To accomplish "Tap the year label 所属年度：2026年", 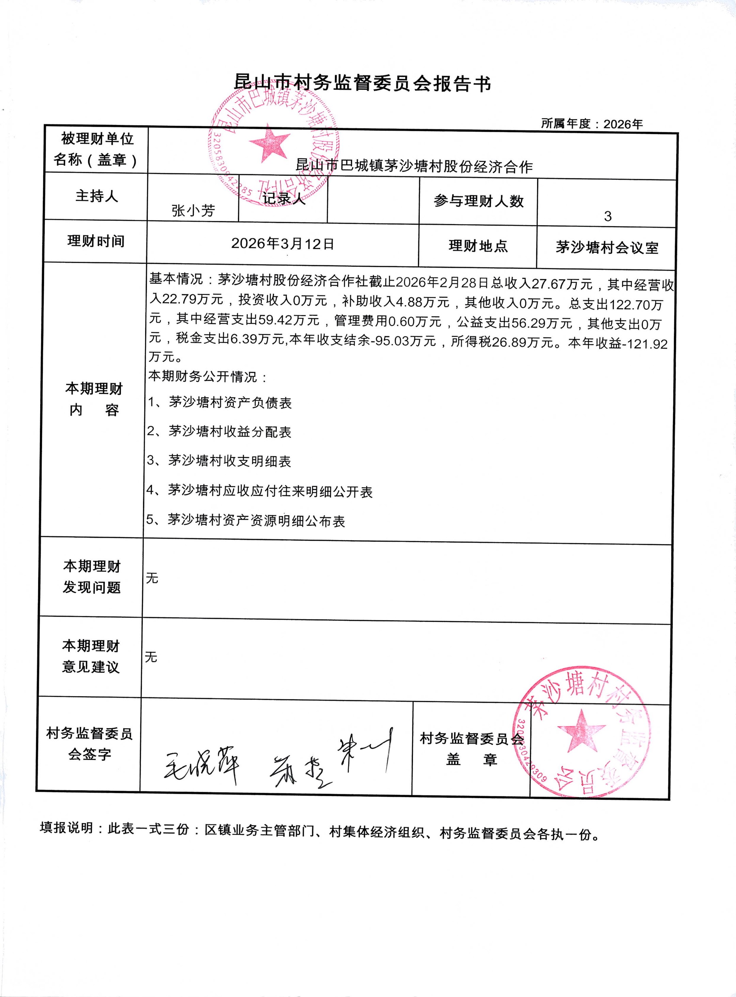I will pos(592,124).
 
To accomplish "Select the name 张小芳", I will pos(193,210).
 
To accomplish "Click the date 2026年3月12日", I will pos(282,243).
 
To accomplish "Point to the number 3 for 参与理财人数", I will pos(607,216).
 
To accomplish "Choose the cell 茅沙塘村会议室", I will pos(607,248).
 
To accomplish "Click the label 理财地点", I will pos(478,246).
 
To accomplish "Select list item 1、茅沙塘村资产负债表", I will pos(220,403).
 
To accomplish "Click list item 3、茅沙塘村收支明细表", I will pos(219,461).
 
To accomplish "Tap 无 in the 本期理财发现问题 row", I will pos(152,578).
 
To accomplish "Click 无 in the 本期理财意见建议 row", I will pos(151,657).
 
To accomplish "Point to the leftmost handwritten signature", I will pos(200,762).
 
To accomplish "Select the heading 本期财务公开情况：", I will pos(208,377).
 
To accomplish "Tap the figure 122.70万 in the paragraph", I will pos(636,305).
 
